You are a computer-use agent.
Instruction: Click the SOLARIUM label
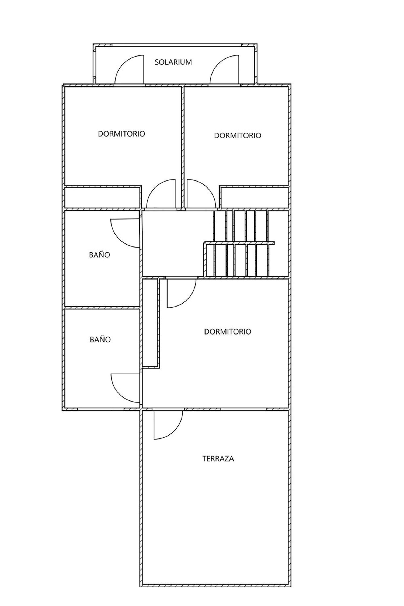173,62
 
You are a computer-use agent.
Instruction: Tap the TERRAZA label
218,458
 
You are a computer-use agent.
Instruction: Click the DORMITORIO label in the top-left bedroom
121,134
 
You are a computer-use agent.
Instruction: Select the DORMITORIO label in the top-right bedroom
238,135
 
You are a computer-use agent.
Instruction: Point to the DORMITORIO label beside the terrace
228,331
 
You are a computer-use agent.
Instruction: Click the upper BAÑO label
99,255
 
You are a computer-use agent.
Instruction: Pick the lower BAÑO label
100,339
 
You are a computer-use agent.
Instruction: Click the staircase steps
241,244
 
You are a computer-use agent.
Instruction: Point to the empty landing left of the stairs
172,244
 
